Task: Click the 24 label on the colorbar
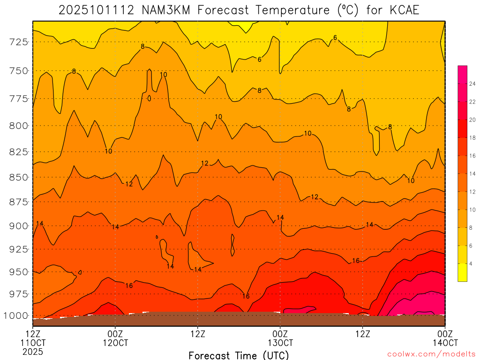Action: click(473, 84)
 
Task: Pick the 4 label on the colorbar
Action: click(471, 264)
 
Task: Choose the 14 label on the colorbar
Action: click(473, 174)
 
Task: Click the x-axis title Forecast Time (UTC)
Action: click(239, 355)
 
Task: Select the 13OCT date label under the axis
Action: click(280, 343)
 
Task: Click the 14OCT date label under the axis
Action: click(444, 343)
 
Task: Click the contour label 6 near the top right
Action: click(335, 37)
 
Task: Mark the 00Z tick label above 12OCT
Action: click(115, 334)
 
